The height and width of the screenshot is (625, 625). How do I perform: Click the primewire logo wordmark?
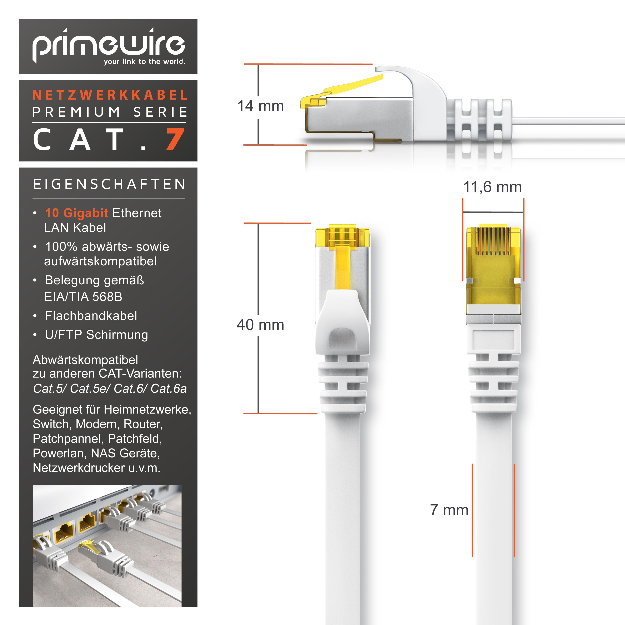click(x=108, y=45)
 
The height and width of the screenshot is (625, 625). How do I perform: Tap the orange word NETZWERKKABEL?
click(x=110, y=95)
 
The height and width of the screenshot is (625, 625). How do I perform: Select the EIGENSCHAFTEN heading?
click(x=109, y=184)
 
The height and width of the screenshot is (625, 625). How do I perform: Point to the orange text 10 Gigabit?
click(x=76, y=213)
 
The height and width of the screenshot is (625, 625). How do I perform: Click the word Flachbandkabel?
click(x=91, y=316)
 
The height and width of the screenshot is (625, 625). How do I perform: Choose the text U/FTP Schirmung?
click(x=96, y=335)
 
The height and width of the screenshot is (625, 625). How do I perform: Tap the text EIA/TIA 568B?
click(x=83, y=297)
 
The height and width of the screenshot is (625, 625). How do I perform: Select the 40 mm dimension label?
click(x=260, y=325)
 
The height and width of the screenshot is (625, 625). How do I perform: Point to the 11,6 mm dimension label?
click(x=492, y=187)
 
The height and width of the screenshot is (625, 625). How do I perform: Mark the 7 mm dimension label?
click(x=449, y=510)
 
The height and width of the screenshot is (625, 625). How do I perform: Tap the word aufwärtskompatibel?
click(x=100, y=261)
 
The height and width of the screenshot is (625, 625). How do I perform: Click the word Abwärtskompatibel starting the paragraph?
click(x=85, y=360)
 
